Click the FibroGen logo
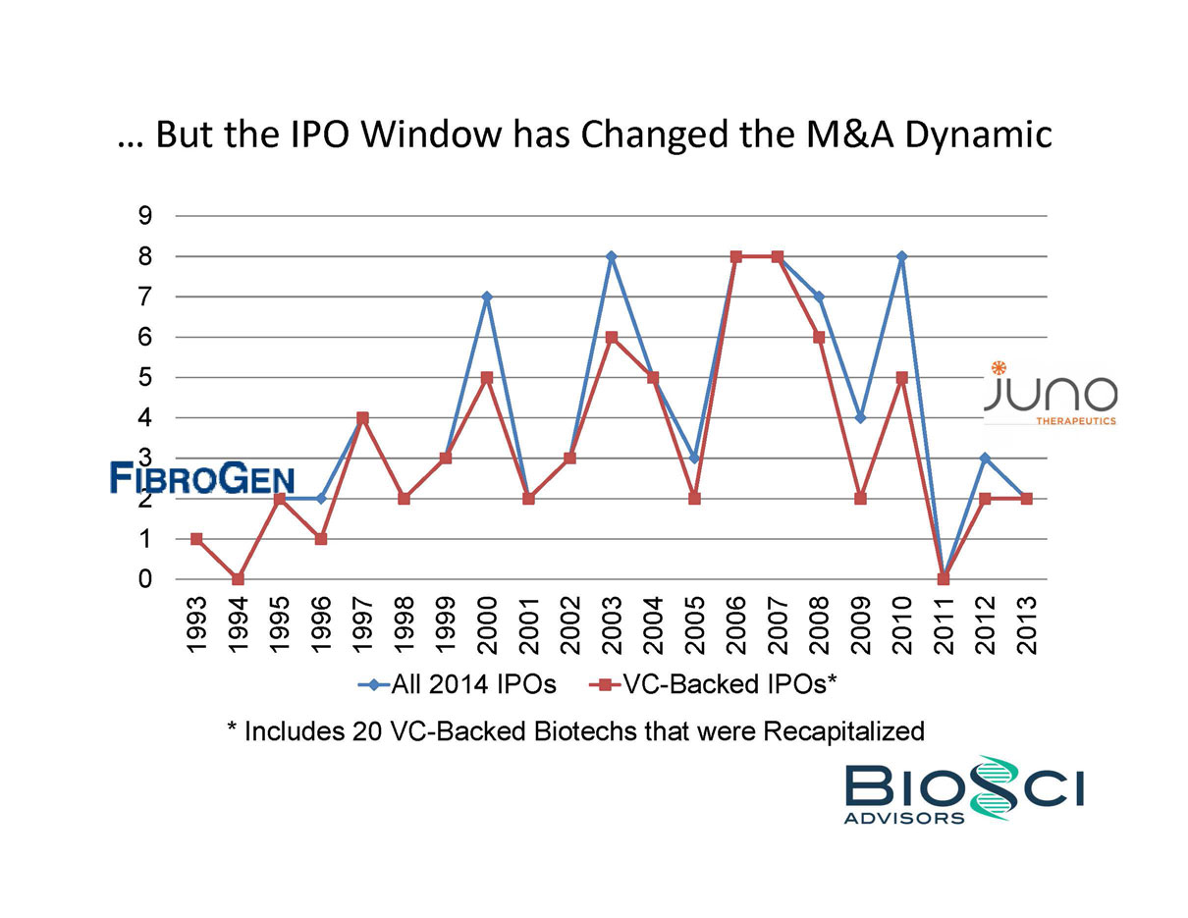(x=202, y=478)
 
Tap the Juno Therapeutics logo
(x=1051, y=394)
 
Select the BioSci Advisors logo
(x=963, y=789)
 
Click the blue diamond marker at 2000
(x=487, y=297)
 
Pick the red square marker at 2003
(x=612, y=337)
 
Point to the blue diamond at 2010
(x=901, y=256)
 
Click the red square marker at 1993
(x=196, y=539)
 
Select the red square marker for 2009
(x=860, y=499)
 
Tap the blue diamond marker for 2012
(x=985, y=459)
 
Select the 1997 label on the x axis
(x=362, y=624)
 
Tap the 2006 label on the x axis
(x=735, y=624)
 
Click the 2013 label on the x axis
(x=1026, y=624)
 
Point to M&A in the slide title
(x=835, y=134)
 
